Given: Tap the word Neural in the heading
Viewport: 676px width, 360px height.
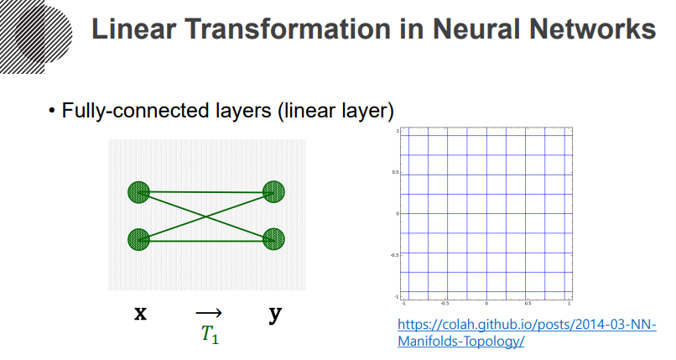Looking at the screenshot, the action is (462, 31).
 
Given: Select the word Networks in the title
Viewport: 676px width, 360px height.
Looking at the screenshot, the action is (599, 31).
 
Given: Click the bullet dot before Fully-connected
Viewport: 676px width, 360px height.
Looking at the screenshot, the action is (52, 111).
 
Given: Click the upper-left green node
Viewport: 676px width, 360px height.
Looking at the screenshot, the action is (138, 192).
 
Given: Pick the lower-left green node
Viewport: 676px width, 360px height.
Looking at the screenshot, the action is (138, 240).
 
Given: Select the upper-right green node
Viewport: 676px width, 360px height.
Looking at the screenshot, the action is (274, 192).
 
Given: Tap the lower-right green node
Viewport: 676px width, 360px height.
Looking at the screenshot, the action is (274, 240).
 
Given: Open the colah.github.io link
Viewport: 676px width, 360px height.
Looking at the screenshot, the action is (526, 333).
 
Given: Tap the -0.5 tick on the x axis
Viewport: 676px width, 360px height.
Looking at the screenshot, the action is (445, 303).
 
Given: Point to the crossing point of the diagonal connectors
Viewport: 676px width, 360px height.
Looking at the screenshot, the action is (206, 217).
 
